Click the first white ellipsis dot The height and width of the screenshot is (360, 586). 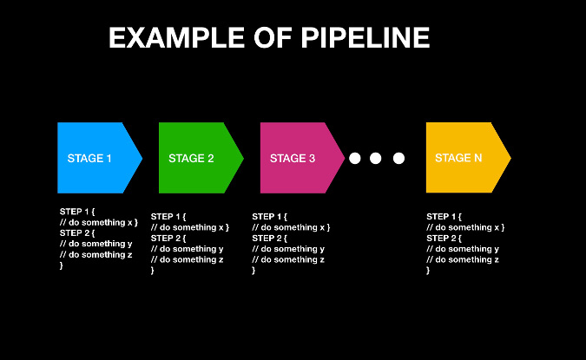(354, 158)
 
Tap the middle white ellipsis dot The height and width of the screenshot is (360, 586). (376, 158)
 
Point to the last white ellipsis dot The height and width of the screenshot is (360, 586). (398, 158)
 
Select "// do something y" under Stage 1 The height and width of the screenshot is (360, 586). (95, 244)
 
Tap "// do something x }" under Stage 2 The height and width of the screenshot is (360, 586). (190, 227)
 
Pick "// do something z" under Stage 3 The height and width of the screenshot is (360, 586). (288, 259)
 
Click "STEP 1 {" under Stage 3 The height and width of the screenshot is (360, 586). (269, 216)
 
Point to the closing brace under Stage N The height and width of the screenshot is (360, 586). (428, 271)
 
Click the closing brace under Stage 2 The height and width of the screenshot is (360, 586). (153, 271)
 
